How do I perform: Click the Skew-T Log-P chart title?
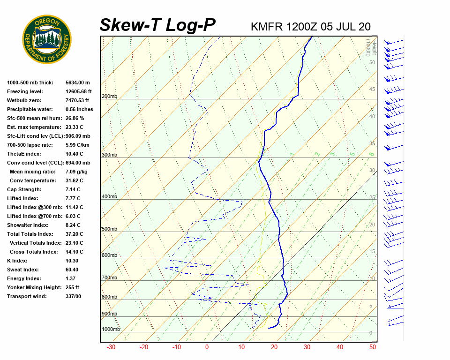point(157,25)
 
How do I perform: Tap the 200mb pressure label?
point(109,97)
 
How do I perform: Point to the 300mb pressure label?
point(109,155)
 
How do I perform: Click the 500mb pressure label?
point(109,229)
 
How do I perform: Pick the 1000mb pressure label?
point(111,329)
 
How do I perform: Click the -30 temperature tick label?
point(111,347)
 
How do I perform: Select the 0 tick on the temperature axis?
point(207,347)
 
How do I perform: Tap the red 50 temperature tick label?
point(373,347)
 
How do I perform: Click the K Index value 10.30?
point(72,261)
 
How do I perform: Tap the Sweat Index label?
point(23,270)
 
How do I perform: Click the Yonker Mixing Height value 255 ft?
point(72,287)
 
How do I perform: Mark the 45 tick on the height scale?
point(372,90)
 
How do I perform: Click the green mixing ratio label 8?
point(371,154)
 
